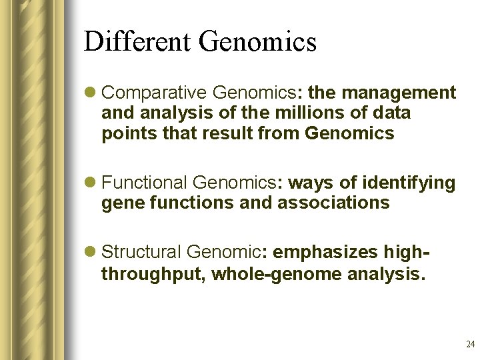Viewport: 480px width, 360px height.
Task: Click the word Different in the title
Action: pos(137,41)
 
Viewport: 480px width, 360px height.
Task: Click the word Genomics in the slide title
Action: pos(257,41)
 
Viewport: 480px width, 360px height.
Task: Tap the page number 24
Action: pos(470,345)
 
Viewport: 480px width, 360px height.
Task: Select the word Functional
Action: pos(145,182)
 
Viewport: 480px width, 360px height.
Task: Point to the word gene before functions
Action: pos(120,203)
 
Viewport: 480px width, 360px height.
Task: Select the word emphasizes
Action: pos(325,252)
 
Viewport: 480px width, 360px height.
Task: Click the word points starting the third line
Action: pos(123,134)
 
